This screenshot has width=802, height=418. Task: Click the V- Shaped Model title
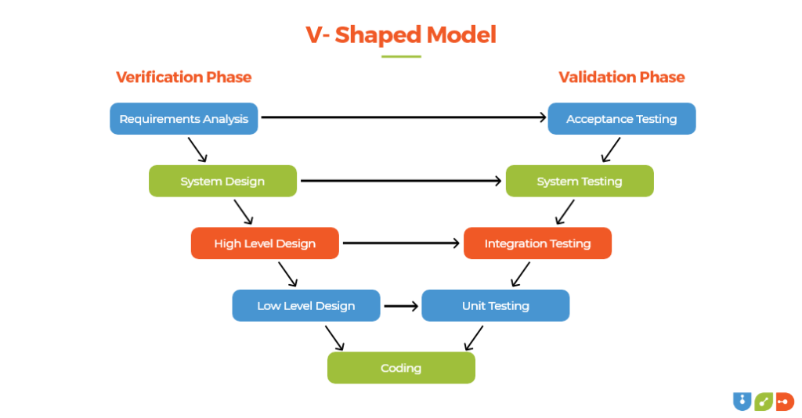[400, 35]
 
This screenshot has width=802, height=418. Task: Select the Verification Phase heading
[183, 77]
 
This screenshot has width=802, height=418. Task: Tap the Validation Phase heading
[621, 77]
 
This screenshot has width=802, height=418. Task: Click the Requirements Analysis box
[183, 119]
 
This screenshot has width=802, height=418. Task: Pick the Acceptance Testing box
[621, 119]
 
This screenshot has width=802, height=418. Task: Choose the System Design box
[222, 181]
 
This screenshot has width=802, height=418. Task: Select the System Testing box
[580, 181]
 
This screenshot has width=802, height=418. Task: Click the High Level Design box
[265, 243]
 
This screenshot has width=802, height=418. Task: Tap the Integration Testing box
[537, 243]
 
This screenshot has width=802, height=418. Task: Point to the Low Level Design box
[305, 305]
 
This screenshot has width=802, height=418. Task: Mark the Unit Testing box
[495, 305]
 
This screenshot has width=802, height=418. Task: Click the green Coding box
[401, 368]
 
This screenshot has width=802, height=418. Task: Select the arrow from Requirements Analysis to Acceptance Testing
[403, 117]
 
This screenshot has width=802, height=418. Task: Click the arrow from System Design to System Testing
[401, 181]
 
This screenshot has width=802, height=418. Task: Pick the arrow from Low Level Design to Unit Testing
[401, 305]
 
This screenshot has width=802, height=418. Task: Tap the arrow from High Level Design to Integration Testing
[401, 243]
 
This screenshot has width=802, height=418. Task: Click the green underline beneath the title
[401, 56]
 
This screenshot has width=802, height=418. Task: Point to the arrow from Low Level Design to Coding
[334, 337]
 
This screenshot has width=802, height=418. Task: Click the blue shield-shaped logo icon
[741, 401]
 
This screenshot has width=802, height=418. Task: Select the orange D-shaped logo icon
[785, 401]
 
